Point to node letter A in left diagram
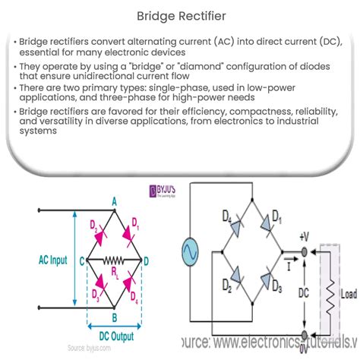click(114, 201)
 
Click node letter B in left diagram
click(114, 317)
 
